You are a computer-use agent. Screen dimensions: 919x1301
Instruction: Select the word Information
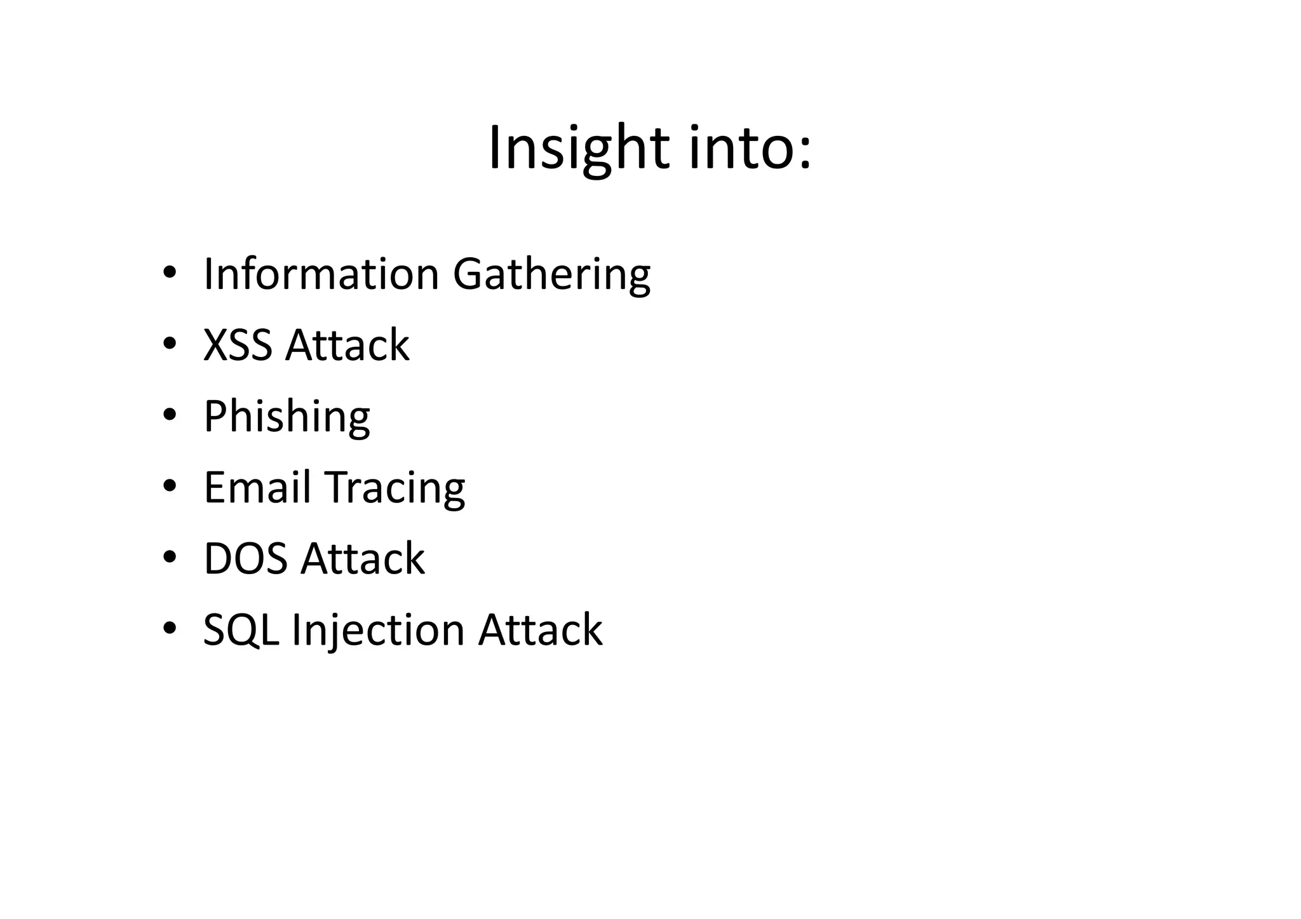pos(321,274)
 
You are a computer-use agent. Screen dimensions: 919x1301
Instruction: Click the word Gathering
pos(551,274)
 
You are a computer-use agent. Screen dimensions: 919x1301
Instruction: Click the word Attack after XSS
pos(347,345)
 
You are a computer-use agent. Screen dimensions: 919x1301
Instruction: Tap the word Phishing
pos(286,417)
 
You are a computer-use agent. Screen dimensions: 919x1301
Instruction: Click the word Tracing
pos(395,489)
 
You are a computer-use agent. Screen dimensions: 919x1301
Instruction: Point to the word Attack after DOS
pos(362,559)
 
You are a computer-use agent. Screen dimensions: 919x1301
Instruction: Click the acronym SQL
pos(241,630)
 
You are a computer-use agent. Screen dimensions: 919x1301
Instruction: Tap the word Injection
pos(378,631)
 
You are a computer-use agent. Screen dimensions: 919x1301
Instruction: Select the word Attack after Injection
pos(540,630)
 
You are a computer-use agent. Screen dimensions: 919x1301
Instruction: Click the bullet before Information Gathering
pos(169,273)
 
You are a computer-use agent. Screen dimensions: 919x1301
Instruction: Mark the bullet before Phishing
pos(169,415)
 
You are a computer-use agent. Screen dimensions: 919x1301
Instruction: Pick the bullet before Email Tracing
pos(169,486)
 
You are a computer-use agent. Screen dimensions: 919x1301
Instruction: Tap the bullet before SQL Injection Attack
pos(169,629)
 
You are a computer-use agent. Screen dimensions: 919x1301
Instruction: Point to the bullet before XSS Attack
pos(169,344)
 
